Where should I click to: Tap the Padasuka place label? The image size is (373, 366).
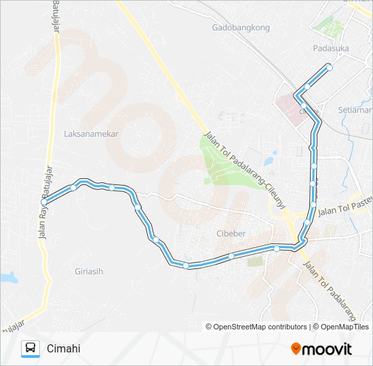click(x=330, y=48)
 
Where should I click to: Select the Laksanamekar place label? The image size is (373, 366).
click(x=91, y=134)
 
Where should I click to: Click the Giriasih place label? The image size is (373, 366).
click(x=90, y=271)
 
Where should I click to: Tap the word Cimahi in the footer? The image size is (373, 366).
click(x=64, y=349)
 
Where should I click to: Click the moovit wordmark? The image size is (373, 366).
click(x=328, y=349)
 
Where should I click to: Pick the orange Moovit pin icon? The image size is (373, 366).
click(x=296, y=349)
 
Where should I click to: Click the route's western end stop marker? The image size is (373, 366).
click(x=44, y=201)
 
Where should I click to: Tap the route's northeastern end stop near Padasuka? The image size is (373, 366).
click(x=330, y=68)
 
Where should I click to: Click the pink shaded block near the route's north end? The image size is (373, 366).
click(x=290, y=109)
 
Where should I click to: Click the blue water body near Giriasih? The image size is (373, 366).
click(x=7, y=277)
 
